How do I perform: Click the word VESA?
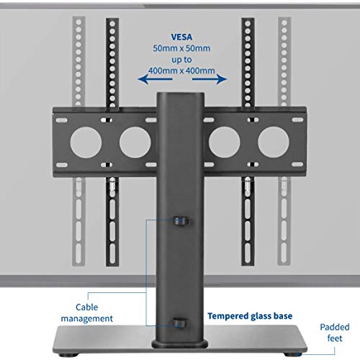click(x=181, y=37)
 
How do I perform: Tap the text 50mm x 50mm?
click(x=181, y=48)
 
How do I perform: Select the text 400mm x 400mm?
click(x=181, y=71)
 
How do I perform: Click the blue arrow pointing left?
click(x=155, y=79)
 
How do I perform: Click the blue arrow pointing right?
click(x=210, y=79)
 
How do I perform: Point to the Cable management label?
click(x=86, y=313)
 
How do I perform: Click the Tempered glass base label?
click(x=250, y=316)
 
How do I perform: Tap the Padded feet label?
click(x=335, y=333)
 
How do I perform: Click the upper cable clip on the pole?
click(x=181, y=220)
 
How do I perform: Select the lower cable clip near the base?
click(x=181, y=323)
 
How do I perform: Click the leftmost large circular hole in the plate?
click(x=86, y=143)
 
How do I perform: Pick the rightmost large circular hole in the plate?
click(x=274, y=143)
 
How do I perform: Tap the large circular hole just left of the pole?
click(x=135, y=143)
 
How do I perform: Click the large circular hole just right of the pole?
click(x=225, y=143)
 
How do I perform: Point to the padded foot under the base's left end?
click(x=71, y=354)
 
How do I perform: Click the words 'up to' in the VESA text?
click(x=181, y=60)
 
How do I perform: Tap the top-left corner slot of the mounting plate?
click(x=62, y=120)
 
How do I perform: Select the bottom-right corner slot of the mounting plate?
click(x=297, y=165)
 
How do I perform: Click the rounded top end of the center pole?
click(x=181, y=94)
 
